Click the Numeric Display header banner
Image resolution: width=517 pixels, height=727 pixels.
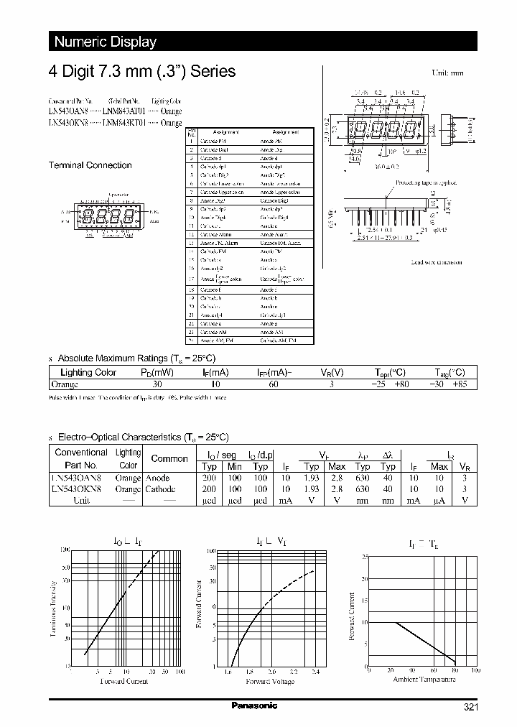pos(106,42)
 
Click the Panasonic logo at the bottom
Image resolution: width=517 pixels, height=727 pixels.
pos(254,706)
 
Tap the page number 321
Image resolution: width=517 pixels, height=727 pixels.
pos(470,708)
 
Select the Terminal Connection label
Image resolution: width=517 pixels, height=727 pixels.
pos(90,165)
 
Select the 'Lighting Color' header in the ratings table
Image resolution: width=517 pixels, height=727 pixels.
pos(88,372)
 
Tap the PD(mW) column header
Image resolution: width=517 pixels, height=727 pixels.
pos(157,372)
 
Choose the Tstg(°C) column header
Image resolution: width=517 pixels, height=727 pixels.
pos(450,372)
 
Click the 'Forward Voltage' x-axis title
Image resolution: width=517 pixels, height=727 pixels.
pos(269,680)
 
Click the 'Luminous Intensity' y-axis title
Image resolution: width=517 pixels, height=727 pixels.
pos(55,610)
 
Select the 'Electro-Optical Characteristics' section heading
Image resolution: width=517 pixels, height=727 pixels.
pos(142,437)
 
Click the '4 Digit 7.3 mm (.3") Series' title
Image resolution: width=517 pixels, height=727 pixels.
pos(141,72)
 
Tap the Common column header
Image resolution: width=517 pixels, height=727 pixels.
pos(169,458)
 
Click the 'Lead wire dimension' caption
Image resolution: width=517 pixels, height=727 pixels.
pos(436,262)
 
